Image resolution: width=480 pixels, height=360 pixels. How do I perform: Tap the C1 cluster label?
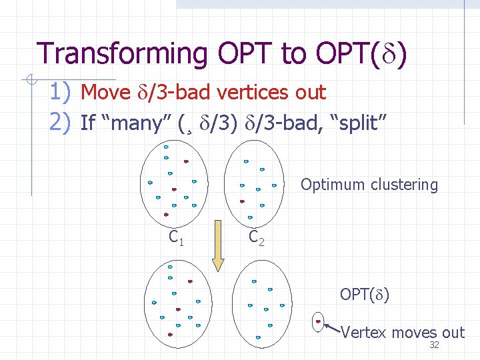click(177, 237)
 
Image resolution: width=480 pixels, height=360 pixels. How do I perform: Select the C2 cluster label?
click(257, 237)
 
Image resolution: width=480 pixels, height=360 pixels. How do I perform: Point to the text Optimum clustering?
click(369, 185)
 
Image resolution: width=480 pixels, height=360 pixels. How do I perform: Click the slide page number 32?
click(434, 345)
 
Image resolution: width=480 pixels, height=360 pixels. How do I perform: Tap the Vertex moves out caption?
click(403, 332)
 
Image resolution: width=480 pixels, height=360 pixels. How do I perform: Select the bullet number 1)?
click(63, 92)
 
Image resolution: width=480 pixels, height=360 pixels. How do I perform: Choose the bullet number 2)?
click(63, 122)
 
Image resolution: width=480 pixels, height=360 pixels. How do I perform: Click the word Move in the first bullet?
click(105, 93)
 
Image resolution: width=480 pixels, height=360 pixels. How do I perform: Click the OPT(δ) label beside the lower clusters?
click(365, 294)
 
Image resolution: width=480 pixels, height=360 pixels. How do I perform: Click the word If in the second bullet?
click(87, 123)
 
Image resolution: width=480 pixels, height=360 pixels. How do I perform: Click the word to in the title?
click(294, 53)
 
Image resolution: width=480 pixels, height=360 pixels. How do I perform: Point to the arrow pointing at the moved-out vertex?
click(332, 327)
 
